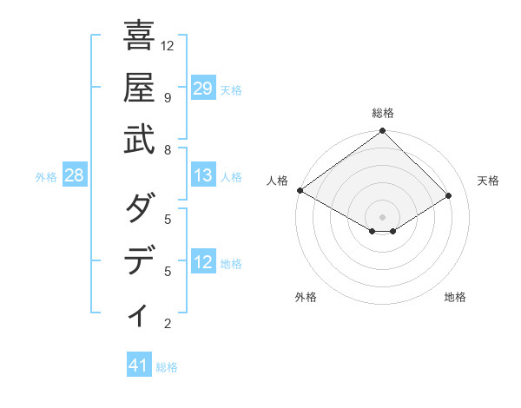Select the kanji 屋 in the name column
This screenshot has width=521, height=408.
pos(139,89)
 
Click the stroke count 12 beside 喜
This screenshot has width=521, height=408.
pos(168,45)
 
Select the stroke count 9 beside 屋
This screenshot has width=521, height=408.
pos(168,97)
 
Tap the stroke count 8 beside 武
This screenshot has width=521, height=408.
pos(168,150)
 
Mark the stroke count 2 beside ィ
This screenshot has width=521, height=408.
pos(168,324)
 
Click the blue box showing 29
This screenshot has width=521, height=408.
pos(203,88)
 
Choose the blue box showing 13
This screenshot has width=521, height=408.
pos(203,176)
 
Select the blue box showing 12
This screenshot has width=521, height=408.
pos(203,262)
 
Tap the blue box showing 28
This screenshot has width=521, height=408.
pos(75,176)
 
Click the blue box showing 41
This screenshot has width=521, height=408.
pos(139,365)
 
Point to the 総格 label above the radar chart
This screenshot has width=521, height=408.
pos(383,113)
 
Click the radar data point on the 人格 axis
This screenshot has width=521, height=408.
pos(300,190)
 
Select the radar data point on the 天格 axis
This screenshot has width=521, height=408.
pos(449,196)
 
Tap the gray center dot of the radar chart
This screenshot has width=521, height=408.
pos(383,216)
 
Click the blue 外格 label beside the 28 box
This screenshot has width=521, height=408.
pos(46,177)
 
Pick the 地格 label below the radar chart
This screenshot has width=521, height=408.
pos(455,297)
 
